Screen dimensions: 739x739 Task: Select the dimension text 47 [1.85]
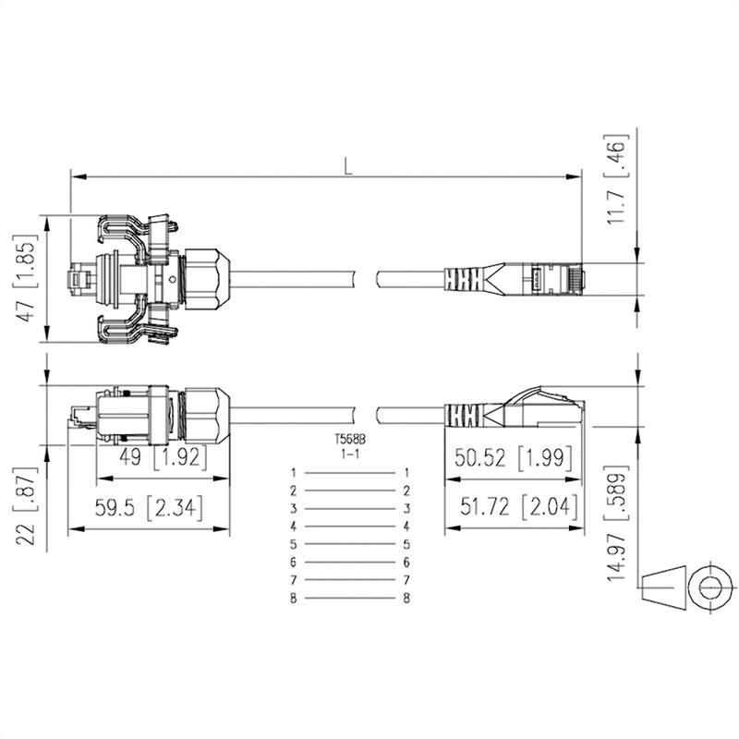[27, 278]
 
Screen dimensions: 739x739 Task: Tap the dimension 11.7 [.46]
[617, 180]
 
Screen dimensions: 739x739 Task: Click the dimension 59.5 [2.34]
[149, 508]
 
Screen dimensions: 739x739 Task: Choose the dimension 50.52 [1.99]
[514, 457]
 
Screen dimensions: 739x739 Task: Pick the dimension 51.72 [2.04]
[519, 506]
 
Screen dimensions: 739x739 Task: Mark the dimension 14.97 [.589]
[617, 523]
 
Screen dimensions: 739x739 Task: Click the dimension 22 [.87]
[27, 506]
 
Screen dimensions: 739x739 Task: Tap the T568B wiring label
[350, 440]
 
